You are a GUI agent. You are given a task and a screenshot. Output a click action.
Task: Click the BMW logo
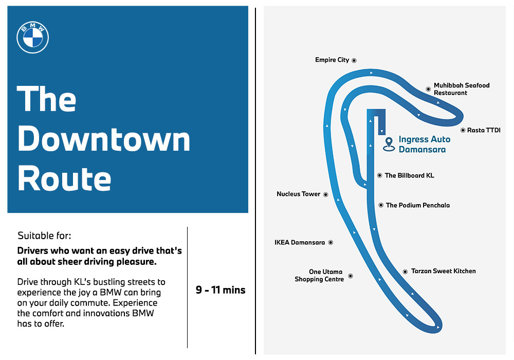click(x=33, y=38)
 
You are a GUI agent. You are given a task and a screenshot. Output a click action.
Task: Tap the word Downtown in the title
click(x=104, y=139)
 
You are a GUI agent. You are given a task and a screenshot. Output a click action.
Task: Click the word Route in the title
click(x=64, y=178)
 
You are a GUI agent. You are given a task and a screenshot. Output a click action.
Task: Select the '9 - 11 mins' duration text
click(x=221, y=290)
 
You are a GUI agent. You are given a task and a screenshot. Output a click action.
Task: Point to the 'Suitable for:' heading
click(x=44, y=236)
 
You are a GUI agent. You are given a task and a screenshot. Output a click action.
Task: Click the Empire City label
click(x=332, y=60)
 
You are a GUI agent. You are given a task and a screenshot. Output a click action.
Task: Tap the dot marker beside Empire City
click(x=354, y=60)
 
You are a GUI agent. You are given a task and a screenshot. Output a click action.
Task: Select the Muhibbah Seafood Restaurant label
click(x=462, y=89)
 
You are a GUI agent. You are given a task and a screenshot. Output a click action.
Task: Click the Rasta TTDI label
click(x=484, y=130)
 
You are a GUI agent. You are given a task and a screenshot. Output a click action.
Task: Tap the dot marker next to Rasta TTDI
click(x=463, y=130)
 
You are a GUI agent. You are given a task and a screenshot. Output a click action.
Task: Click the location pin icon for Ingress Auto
click(x=389, y=145)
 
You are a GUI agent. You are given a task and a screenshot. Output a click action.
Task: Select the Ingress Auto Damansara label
click(x=425, y=145)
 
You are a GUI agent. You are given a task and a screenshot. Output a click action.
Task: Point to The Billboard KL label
click(x=410, y=175)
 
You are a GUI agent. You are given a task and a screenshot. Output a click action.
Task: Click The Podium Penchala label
click(x=418, y=205)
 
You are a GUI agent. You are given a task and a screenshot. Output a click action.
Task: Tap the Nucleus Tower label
click(x=298, y=194)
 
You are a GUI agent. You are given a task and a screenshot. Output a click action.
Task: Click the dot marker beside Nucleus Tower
click(x=325, y=194)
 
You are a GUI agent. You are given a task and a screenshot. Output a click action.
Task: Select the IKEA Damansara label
click(x=300, y=243)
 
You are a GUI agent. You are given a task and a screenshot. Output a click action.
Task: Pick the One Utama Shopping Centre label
click(x=319, y=276)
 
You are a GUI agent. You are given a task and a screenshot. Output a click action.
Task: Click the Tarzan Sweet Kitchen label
click(x=444, y=271)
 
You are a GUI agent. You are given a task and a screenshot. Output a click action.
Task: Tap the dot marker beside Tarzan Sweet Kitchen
click(x=405, y=272)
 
